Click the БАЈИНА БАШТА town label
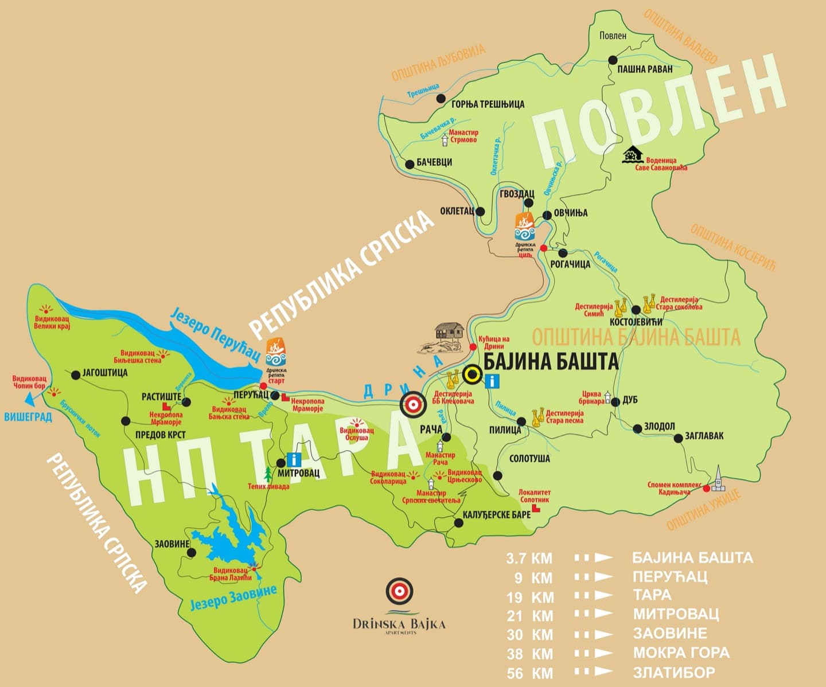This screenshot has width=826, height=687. (551, 361)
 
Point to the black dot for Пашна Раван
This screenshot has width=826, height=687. (613, 60)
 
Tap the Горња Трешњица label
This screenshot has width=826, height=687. (488, 104)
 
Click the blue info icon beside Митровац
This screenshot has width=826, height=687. (294, 459)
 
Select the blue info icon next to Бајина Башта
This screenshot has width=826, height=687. (492, 381)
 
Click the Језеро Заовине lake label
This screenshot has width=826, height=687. (233, 598)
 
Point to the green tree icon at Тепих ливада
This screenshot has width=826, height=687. (267, 474)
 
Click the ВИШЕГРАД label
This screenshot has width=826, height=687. (28, 417)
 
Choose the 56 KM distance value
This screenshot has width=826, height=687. (529, 673)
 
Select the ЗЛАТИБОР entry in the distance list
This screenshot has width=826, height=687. (674, 672)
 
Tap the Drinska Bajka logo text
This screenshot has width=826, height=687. (399, 624)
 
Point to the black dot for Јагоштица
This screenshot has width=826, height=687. (76, 375)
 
